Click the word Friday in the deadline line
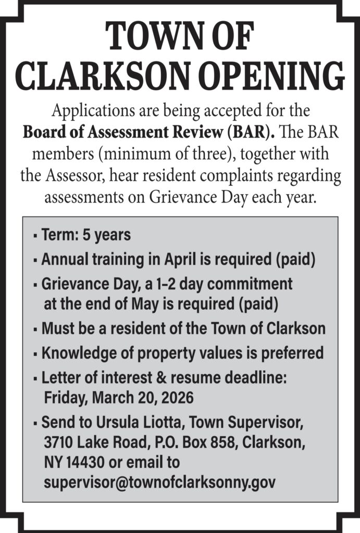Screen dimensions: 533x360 [x=66, y=398]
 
